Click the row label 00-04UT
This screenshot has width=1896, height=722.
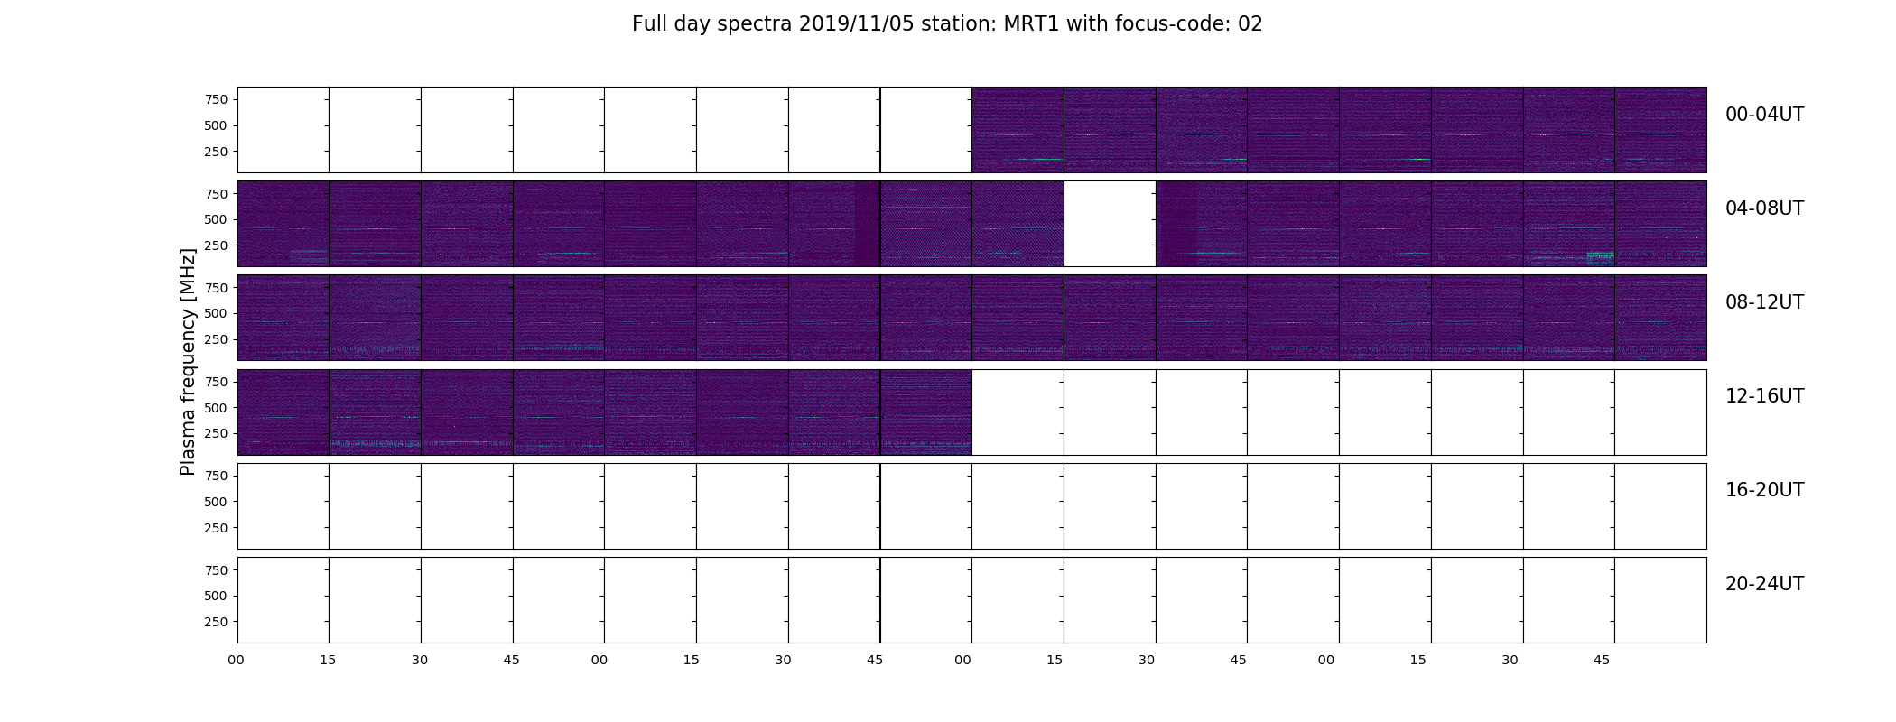point(1764,115)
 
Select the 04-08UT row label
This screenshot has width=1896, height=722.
point(1764,208)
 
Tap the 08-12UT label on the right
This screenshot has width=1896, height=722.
point(1764,302)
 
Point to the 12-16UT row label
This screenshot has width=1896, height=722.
point(1764,396)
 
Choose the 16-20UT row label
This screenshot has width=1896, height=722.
point(1764,490)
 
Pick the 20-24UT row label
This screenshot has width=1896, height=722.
point(1764,584)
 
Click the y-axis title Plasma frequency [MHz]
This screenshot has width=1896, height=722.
point(188,362)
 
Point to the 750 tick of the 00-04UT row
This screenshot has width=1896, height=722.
point(216,99)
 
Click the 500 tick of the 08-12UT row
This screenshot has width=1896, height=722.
point(216,313)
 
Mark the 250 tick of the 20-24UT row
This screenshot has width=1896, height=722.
point(216,622)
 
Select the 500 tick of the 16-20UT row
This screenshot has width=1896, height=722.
point(216,502)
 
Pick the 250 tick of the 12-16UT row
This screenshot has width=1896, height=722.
point(216,434)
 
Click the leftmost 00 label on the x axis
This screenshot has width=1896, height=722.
point(237,660)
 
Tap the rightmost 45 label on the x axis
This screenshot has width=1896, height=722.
point(1602,660)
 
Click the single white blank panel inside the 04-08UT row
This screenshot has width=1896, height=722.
point(1110,224)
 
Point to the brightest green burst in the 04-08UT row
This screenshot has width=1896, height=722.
point(1600,257)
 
